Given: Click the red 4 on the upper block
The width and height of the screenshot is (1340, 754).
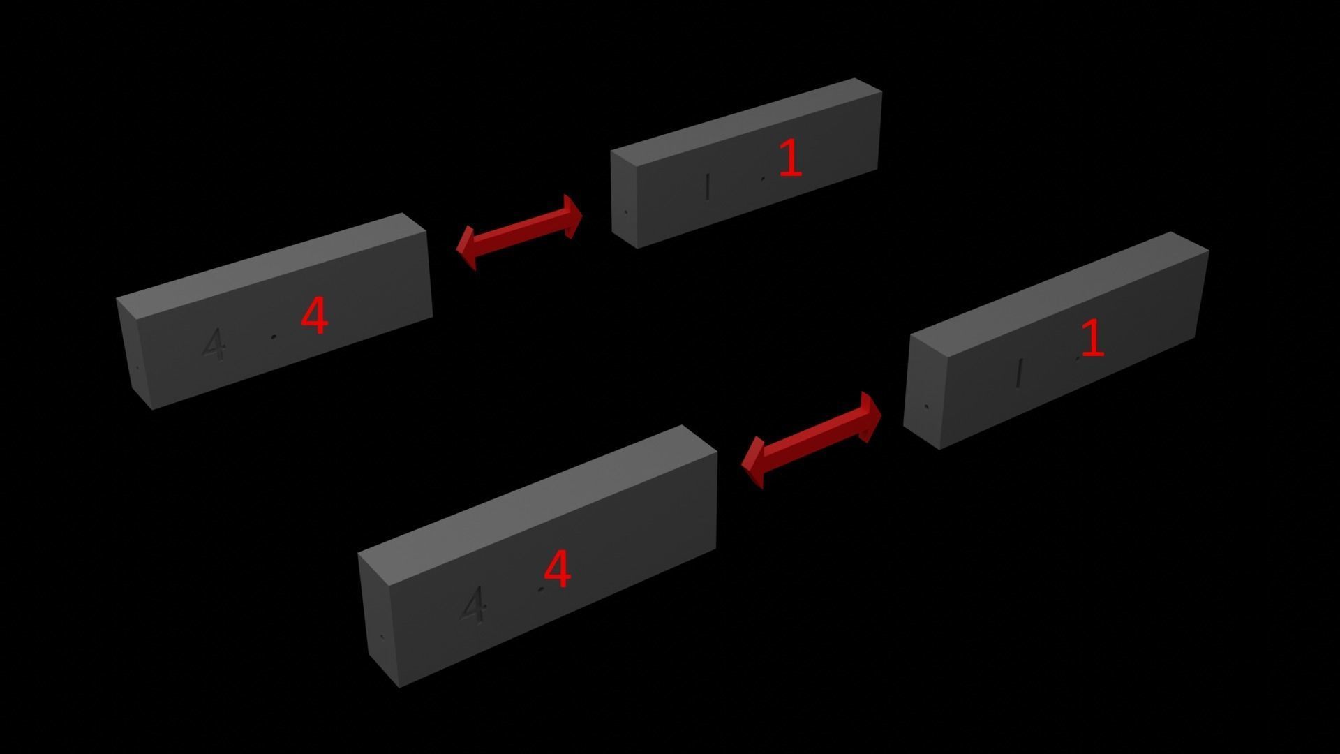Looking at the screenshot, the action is tap(314, 316).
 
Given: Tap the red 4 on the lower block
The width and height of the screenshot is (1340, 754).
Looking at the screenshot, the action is tap(557, 568).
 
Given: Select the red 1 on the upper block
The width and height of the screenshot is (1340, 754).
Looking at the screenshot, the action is tap(790, 157).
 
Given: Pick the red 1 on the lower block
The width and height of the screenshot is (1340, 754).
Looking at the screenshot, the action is tap(1092, 338).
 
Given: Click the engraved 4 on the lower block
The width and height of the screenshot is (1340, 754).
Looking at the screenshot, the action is tap(474, 605).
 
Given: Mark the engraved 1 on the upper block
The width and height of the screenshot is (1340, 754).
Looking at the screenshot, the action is tap(708, 186).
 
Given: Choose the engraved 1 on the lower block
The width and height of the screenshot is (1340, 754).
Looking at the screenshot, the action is tap(1020, 373).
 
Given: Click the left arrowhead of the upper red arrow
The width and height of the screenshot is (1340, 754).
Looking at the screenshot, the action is tap(466, 249).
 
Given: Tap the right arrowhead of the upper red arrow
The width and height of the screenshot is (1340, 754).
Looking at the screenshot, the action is tap(574, 216).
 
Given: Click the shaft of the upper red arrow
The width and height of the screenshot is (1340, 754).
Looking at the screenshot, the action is tap(520, 232).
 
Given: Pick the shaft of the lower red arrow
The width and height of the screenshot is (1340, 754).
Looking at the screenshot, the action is tap(812, 440).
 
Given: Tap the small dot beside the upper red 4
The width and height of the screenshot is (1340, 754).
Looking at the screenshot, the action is tap(274, 337).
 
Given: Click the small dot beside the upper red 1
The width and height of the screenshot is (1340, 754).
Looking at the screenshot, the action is tap(762, 179).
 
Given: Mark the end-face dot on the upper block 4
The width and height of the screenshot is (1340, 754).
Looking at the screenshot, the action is tap(137, 368).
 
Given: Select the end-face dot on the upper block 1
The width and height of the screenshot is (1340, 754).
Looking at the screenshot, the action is tap(625, 212).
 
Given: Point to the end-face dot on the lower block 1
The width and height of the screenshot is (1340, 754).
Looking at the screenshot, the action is tap(926, 406).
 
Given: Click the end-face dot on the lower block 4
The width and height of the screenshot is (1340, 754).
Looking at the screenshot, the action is tap(382, 637).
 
